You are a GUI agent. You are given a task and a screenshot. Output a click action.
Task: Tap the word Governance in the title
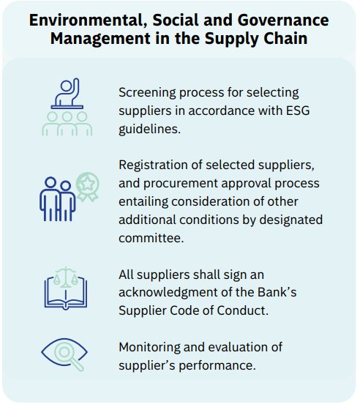pyautogui.click(x=283, y=20)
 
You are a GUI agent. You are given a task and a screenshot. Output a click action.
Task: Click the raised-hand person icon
pyautogui.click(x=67, y=93)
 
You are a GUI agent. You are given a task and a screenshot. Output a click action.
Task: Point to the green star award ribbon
pyautogui.click(x=87, y=187)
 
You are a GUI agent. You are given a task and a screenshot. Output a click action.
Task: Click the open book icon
pyautogui.click(x=66, y=294)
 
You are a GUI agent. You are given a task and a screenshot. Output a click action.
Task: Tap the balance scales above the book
pyautogui.click(x=66, y=277)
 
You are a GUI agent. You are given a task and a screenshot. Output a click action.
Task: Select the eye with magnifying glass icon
pyautogui.click(x=64, y=354)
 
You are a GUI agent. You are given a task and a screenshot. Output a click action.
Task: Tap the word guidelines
pyautogui.click(x=150, y=130)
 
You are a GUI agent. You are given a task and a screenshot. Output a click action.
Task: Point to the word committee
pyautogui.click(x=151, y=238)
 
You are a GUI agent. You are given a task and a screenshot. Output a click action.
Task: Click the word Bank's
pyautogui.click(x=277, y=292)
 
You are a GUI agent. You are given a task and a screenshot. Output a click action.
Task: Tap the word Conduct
pyautogui.click(x=242, y=310)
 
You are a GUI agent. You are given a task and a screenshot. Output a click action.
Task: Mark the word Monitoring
pyautogui.click(x=149, y=348)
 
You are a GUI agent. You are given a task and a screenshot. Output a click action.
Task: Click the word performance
pyautogui.click(x=217, y=366)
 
